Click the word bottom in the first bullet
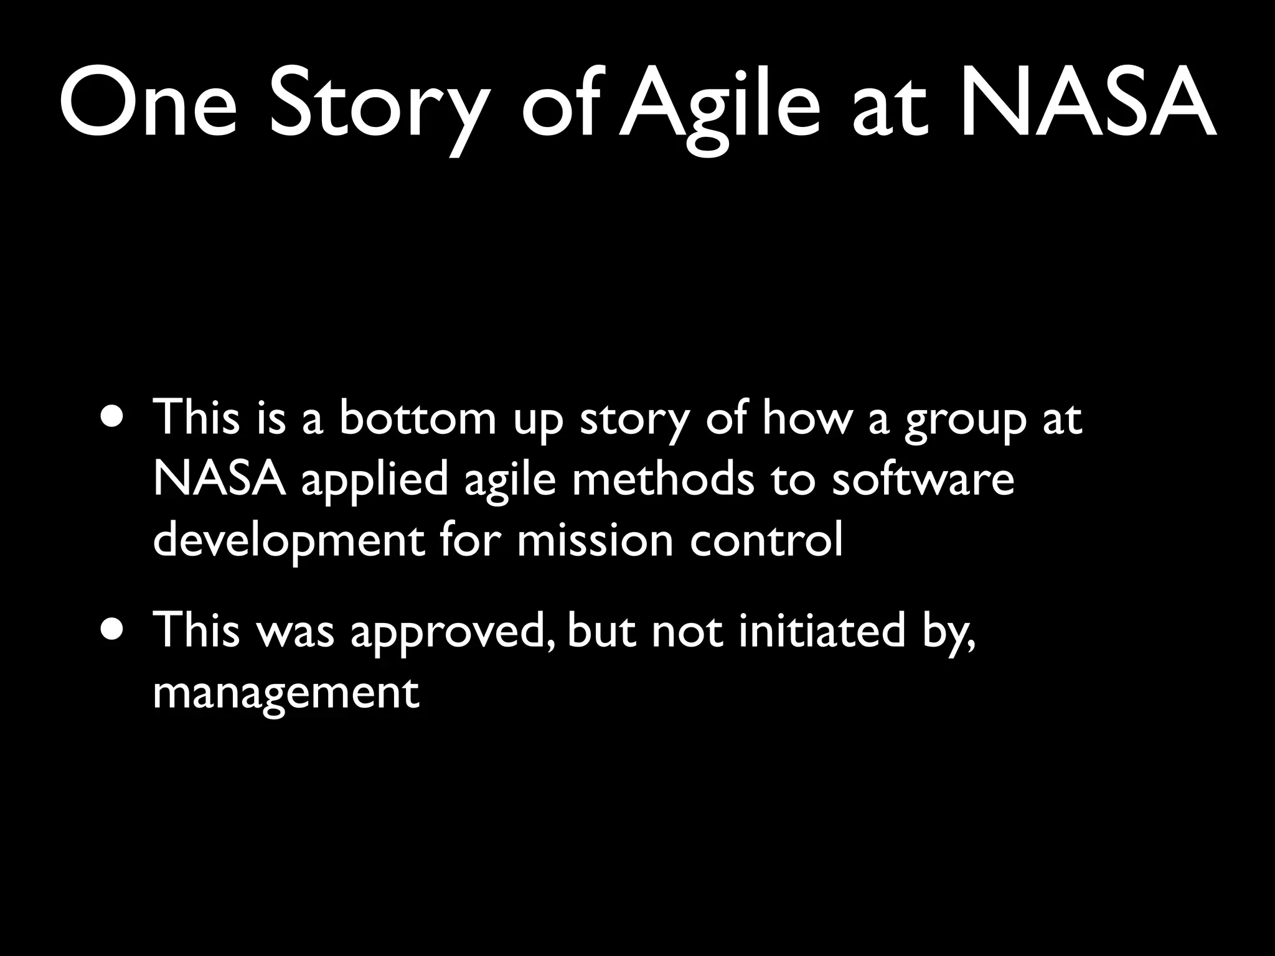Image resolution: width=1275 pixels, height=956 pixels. click(417, 418)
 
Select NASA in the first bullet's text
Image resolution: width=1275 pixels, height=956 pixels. click(219, 479)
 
